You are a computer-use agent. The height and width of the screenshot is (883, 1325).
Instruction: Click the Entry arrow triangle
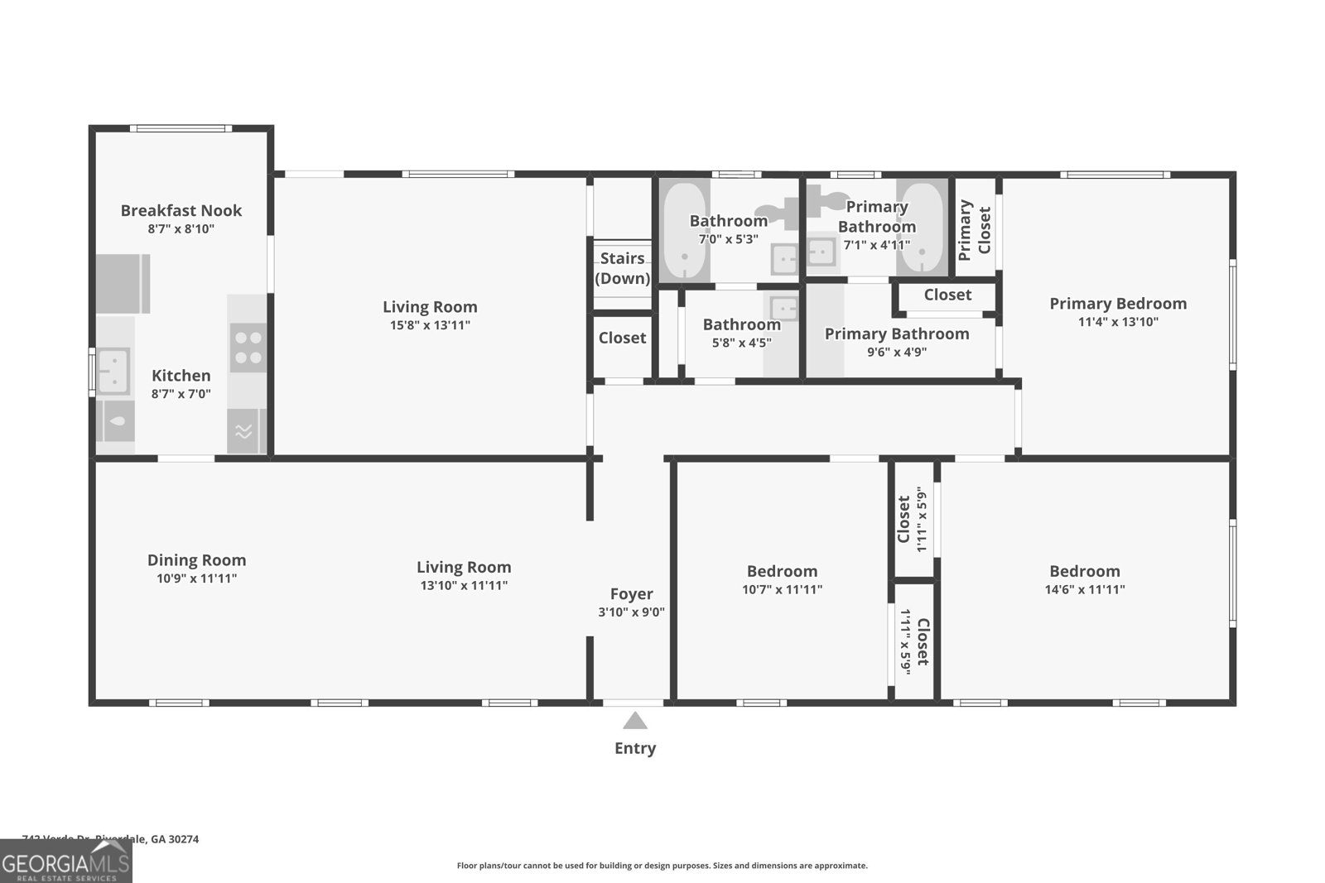coord(635,721)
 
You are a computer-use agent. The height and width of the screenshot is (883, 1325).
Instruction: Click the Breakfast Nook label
coord(181,210)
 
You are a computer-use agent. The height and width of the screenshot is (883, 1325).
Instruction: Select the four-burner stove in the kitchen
coord(248,348)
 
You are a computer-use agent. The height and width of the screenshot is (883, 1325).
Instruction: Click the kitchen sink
coord(113,371)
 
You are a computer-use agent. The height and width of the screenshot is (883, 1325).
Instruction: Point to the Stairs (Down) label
coord(623,268)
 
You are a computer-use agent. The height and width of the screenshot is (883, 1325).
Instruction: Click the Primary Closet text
coord(974,230)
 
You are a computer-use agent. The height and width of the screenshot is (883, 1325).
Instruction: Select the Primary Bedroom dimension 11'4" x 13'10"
coord(1118,322)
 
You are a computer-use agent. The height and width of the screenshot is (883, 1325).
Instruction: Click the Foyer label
coord(632,593)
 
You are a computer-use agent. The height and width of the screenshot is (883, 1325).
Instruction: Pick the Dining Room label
coord(196,560)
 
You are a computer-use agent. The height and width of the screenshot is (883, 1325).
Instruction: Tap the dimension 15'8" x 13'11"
coord(430,325)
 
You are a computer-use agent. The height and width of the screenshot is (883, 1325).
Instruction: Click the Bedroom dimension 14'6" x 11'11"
coord(1085,589)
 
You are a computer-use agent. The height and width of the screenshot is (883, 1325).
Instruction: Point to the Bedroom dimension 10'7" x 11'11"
coord(782,589)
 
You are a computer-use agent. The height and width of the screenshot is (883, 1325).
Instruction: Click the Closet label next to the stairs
coord(622,338)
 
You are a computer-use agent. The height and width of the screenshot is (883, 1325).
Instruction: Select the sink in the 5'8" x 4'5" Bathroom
coord(783,308)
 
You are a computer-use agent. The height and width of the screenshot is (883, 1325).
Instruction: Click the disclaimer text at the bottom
coord(662,866)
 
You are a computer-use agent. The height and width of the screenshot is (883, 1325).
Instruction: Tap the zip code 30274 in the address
coord(183,838)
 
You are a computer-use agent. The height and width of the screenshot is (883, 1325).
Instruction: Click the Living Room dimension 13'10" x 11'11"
coord(464,585)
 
